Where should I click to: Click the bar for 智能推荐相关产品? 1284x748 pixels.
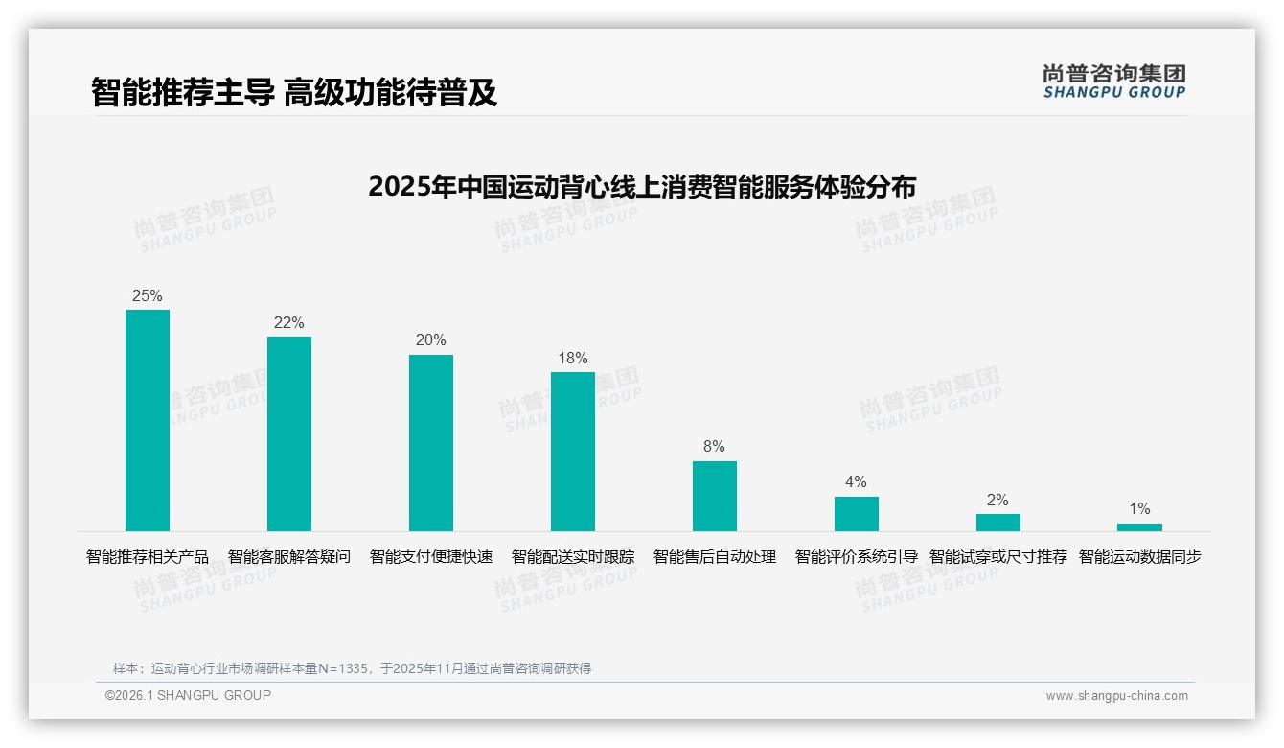click(148, 420)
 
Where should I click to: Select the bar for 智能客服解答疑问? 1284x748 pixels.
click(289, 433)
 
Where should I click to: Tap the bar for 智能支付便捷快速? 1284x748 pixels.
click(431, 443)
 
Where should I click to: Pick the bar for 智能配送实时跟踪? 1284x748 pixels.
click(573, 452)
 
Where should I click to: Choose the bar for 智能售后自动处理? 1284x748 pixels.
click(715, 496)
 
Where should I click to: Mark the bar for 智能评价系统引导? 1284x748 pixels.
click(857, 514)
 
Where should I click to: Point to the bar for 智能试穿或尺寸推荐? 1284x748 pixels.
click(998, 523)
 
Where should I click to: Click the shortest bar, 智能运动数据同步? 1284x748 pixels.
click(1139, 527)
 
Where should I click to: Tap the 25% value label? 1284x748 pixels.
click(148, 296)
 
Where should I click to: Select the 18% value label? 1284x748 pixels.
click(573, 359)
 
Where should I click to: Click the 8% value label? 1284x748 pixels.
click(714, 447)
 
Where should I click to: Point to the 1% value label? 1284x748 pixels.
click(1139, 509)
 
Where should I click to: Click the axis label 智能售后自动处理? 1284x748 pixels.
click(715, 557)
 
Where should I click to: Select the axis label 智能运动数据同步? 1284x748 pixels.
click(1140, 557)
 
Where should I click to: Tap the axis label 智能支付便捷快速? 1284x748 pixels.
click(431, 557)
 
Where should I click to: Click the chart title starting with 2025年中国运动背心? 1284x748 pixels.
click(642, 186)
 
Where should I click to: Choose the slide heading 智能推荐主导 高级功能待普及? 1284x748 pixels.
click(294, 93)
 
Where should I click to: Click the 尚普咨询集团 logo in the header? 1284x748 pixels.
click(1114, 82)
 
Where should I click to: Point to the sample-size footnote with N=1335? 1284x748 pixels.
click(352, 668)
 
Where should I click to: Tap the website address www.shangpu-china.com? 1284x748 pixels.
click(1116, 696)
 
